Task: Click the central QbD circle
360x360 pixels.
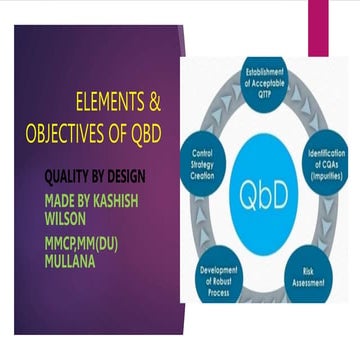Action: click(262, 192)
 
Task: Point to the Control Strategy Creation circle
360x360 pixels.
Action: click(201, 160)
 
